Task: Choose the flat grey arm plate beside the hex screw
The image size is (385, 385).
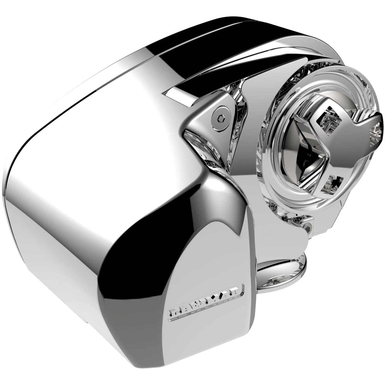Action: (x=205, y=128)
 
